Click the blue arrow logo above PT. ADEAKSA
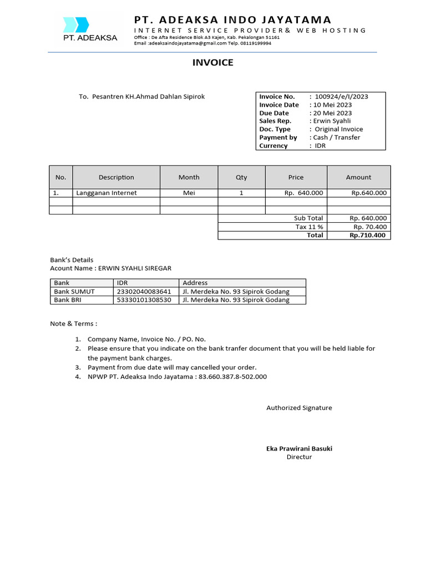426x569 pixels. pos(76,24)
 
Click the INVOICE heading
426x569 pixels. pos(213,63)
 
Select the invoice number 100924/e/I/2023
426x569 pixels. pos(341,97)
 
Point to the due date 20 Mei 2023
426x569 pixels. pos(332,113)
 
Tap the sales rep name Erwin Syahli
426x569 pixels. pos(332,121)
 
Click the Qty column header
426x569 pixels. pos(241,177)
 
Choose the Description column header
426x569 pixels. pos(116,177)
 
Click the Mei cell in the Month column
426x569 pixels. pos(189,193)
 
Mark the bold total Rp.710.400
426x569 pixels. pos(368,236)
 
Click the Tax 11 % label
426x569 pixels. pos(310,227)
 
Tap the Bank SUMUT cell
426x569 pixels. pos(74,292)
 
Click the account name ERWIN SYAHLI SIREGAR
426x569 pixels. pos(135,268)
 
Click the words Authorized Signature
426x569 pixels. pos(299,408)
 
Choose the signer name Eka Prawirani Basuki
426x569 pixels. pos(299,448)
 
